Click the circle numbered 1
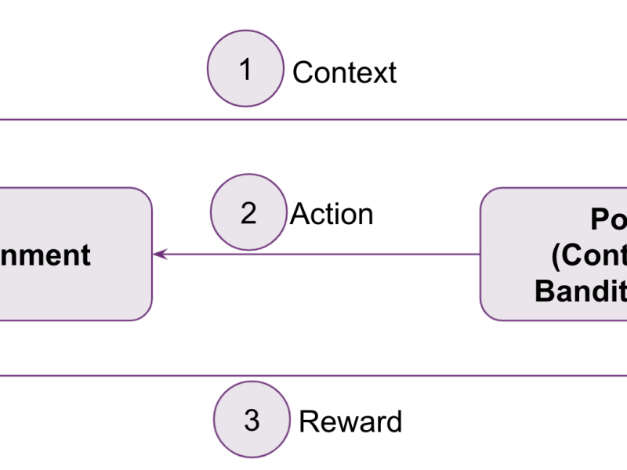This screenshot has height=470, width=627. tap(245, 69)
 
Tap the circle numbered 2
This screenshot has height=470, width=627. tap(248, 212)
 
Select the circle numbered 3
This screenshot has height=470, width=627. tap(252, 419)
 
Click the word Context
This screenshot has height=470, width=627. tap(344, 73)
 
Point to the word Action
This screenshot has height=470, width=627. tap(332, 214)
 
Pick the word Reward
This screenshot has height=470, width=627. tap(350, 421)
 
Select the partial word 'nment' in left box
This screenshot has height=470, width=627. tap(45, 255)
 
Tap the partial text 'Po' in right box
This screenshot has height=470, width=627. tap(608, 221)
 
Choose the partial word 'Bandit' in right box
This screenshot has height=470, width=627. tap(581, 291)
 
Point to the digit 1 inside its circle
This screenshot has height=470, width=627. tap(245, 69)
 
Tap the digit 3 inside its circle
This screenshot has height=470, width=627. tap(252, 420)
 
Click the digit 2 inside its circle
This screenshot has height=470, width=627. tap(248, 213)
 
